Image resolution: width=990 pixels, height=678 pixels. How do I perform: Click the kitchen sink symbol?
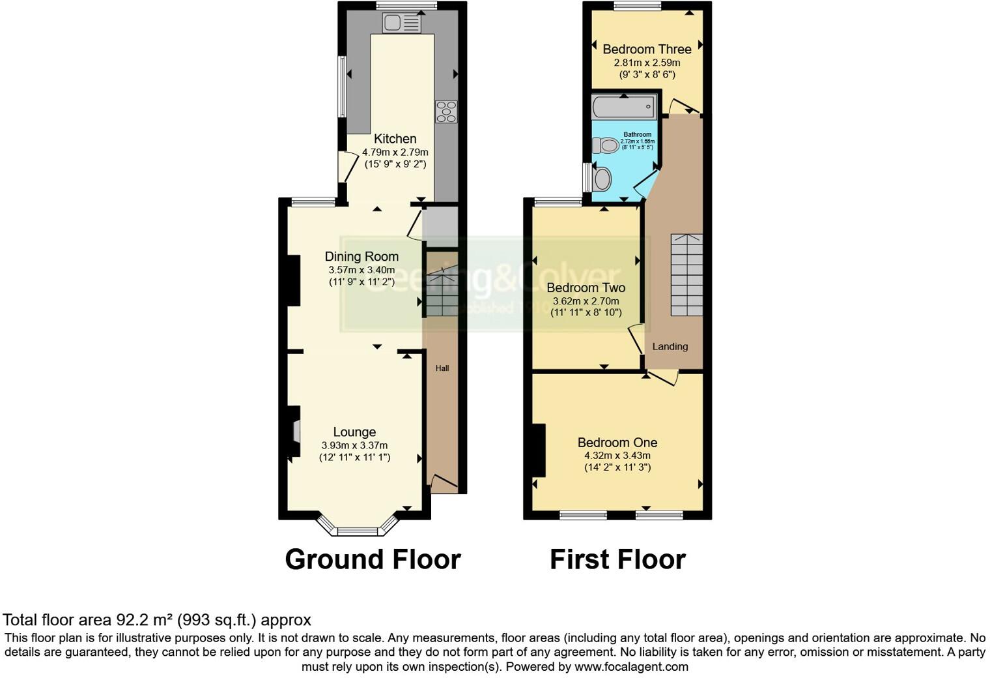(402, 23)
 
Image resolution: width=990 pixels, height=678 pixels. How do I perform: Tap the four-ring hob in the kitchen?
(447, 111)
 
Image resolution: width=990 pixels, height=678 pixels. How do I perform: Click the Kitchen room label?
(395, 139)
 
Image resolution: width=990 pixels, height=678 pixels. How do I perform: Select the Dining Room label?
(361, 257)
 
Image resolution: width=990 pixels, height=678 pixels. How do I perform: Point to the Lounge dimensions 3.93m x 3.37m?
(354, 445)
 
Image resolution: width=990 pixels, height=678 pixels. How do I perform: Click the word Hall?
(442, 368)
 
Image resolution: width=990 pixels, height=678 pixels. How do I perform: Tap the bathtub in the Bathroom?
(624, 107)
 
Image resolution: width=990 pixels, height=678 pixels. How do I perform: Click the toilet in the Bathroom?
(606, 145)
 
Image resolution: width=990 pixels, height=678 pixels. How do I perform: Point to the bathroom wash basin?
(602, 179)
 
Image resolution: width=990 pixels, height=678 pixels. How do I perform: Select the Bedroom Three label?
(647, 50)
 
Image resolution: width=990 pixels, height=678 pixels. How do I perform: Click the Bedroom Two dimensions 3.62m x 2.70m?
(586, 301)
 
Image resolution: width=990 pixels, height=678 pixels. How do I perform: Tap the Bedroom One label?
(617, 443)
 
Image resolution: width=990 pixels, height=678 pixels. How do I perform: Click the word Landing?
(670, 347)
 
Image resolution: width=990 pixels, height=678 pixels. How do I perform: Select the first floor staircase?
(686, 275)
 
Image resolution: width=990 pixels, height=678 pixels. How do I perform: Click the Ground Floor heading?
(373, 559)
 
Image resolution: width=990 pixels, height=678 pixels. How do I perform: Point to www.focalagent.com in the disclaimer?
(631, 667)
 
